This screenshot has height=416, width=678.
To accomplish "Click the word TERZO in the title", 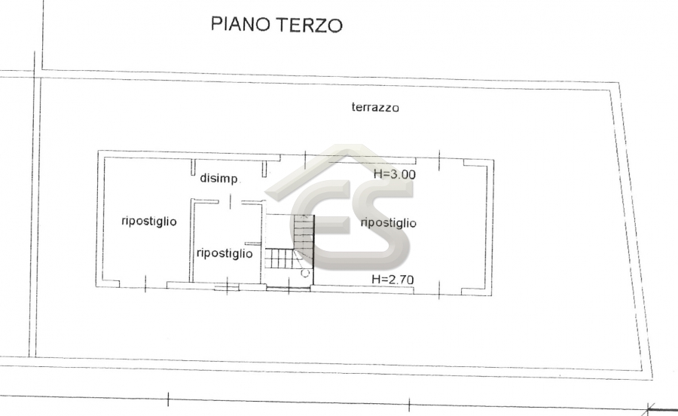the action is (x=310, y=25).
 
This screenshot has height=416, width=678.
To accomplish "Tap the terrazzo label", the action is (x=375, y=107).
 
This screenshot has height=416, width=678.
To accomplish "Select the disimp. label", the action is (x=218, y=178).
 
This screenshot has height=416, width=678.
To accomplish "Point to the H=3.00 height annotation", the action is (x=394, y=174).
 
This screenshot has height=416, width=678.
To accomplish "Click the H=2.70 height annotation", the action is (x=392, y=280).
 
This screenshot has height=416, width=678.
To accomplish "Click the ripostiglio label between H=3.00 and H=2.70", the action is (x=388, y=223).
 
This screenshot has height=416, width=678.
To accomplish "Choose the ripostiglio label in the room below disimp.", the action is (x=224, y=253).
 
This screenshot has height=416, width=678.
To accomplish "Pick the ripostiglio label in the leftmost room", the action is (x=149, y=222).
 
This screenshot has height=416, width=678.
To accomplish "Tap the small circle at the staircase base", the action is (x=305, y=273).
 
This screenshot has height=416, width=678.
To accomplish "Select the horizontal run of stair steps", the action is (x=279, y=258).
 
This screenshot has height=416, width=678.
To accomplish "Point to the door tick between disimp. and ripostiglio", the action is (x=231, y=201).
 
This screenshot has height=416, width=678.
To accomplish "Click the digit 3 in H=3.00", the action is (x=395, y=174).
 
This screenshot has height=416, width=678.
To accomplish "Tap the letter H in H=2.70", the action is (x=376, y=280).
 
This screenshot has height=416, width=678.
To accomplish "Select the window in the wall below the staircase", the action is (x=289, y=288).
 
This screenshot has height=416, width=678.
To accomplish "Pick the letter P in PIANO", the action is (x=215, y=24).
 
